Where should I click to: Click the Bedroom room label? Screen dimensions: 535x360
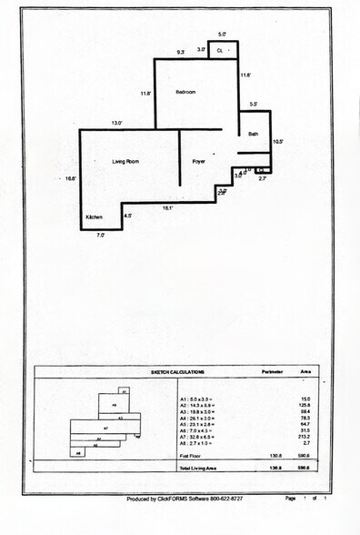186,93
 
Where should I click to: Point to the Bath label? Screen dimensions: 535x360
254,134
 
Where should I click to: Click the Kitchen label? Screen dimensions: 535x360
95,217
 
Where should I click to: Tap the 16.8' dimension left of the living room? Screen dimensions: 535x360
70,178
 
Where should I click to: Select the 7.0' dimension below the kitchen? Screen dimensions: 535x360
101,236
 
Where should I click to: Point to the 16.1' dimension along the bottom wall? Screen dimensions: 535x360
167,208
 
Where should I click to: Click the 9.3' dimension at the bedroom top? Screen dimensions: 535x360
180,52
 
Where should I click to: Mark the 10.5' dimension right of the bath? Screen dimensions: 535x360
279,141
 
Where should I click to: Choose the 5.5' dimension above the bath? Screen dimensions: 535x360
254,105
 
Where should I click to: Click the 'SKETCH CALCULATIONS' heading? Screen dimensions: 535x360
178,372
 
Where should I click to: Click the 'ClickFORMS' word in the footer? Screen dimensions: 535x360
171,499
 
